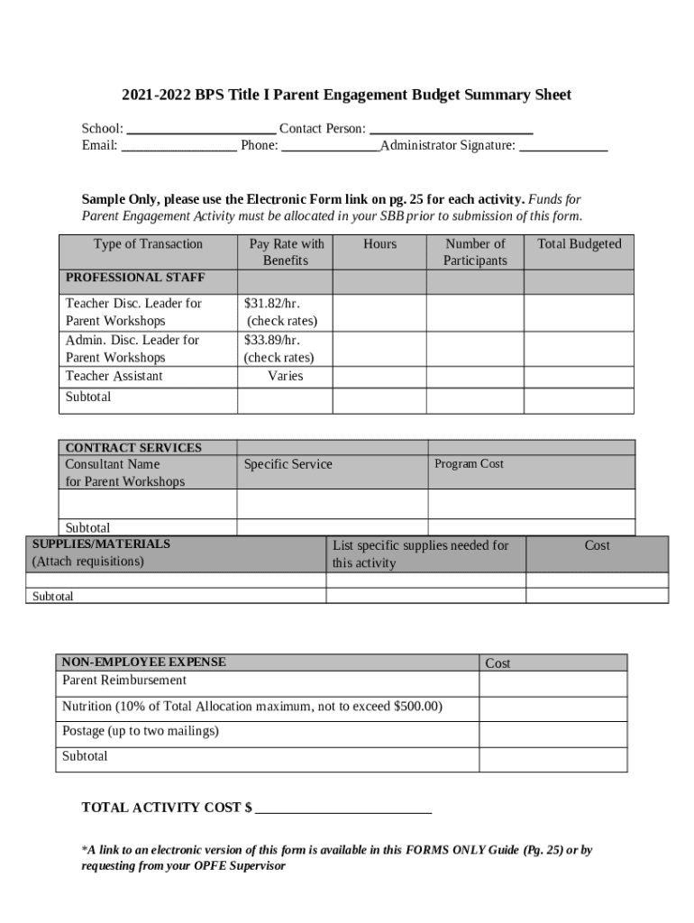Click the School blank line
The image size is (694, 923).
[202, 131]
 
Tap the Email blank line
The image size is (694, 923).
[178, 147]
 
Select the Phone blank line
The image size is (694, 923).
[330, 147]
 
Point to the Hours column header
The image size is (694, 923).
[379, 244]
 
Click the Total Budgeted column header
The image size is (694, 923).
[579, 244]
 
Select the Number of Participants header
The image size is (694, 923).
[475, 252]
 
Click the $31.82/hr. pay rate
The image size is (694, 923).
[271, 304]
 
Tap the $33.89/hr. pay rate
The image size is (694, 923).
[272, 340]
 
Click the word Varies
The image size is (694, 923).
[285, 376]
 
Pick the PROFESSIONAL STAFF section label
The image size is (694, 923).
[135, 278]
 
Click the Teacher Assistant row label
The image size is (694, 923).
[114, 376]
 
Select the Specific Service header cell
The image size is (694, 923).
[288, 464]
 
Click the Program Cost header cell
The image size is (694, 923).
[469, 464]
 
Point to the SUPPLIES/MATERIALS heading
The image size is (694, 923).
[101, 544]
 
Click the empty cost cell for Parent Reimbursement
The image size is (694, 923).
[552, 684]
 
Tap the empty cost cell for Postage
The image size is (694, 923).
[552, 735]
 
